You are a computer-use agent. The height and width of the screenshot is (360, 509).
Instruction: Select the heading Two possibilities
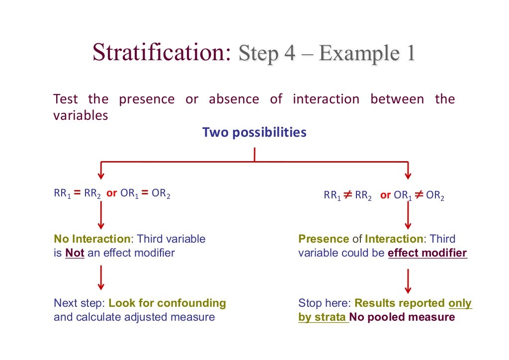tap(254, 133)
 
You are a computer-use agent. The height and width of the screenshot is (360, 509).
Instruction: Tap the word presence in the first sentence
tap(147, 99)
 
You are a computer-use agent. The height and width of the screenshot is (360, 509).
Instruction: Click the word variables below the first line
tap(81, 115)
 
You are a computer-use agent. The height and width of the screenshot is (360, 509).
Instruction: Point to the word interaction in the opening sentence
tap(326, 99)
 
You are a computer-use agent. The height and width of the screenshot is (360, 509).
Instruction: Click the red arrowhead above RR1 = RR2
tap(101, 175)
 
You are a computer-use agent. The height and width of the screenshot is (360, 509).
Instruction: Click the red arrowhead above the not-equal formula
tap(408, 175)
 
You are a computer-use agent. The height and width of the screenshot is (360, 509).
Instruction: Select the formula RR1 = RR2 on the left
tap(78, 194)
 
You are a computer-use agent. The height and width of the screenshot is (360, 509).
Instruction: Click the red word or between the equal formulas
tap(111, 194)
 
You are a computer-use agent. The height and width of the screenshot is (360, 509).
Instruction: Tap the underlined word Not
tap(75, 253)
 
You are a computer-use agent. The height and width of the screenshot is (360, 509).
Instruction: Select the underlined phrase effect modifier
tap(427, 253)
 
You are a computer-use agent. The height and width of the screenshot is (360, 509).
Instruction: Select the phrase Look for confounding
tap(167, 303)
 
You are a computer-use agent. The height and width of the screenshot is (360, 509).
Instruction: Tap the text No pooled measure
tap(402, 317)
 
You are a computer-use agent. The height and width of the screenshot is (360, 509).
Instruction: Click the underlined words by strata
tap(323, 317)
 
